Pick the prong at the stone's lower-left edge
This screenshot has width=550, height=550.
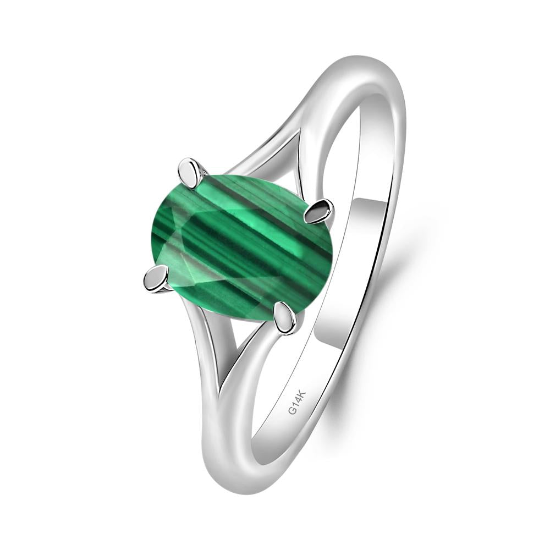tap(156, 279)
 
